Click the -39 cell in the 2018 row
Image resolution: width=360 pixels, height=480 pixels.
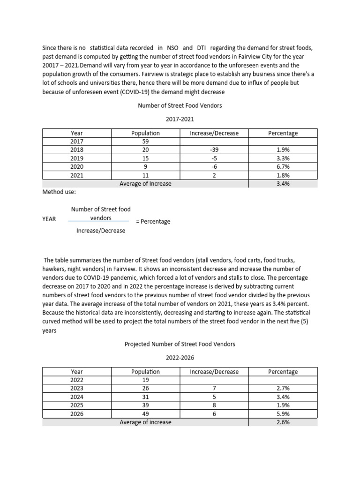coord(214,150)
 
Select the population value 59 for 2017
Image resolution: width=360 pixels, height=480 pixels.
coord(145,142)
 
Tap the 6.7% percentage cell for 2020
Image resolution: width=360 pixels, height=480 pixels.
coord(283,167)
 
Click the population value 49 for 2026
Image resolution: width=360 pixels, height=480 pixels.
coord(145,414)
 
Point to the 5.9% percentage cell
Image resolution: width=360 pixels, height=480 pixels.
coord(283,414)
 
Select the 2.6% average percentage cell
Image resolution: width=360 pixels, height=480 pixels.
coord(283,422)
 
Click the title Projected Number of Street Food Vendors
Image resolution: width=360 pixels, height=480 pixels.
coord(180,344)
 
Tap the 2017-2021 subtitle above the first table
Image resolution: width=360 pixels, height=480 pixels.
coord(180,120)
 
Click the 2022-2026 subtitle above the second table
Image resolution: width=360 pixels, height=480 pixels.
coord(180,358)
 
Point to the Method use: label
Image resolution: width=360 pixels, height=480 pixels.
coord(59,192)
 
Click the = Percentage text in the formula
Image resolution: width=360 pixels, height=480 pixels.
coord(153,221)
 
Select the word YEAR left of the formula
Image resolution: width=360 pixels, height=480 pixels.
coord(49,219)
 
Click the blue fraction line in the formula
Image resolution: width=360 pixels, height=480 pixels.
coord(98,221)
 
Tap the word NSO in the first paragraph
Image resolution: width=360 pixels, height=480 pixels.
coord(173,48)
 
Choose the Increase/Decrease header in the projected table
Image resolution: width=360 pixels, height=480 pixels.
coord(214,372)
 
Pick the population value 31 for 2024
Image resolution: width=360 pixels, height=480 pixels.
coord(145,397)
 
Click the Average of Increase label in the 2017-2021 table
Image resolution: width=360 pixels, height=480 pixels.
coord(145,184)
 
